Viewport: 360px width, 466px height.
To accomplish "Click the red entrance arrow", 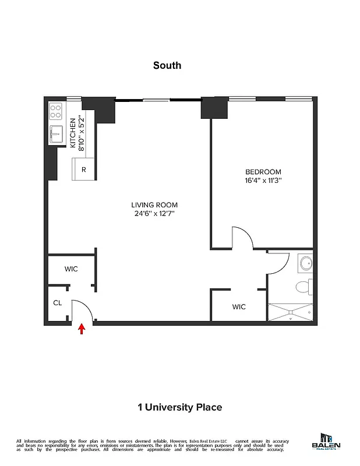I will click(x=82, y=330).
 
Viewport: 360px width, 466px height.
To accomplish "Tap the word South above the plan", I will click(x=167, y=65).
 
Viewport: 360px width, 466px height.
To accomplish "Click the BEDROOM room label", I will click(x=263, y=172).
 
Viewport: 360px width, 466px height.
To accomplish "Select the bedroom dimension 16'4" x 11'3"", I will click(x=263, y=181).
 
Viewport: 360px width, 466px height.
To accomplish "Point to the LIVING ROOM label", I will click(x=154, y=205).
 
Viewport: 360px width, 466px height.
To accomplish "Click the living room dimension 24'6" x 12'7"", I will click(x=154, y=214).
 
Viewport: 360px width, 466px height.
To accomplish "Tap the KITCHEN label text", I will click(x=73, y=133).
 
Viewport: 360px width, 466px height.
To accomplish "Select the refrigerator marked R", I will click(x=84, y=170).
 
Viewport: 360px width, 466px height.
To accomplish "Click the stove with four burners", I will click(x=56, y=111).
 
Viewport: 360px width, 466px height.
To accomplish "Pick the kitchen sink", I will click(x=56, y=135).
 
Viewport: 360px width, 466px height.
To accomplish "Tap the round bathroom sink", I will click(x=305, y=263).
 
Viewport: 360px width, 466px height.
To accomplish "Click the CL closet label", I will click(x=58, y=303).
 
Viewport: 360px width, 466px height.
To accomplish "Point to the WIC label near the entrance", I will click(x=71, y=269).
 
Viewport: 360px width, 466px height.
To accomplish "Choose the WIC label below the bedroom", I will click(x=239, y=306).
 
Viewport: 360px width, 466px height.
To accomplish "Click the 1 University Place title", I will click(x=179, y=407).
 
